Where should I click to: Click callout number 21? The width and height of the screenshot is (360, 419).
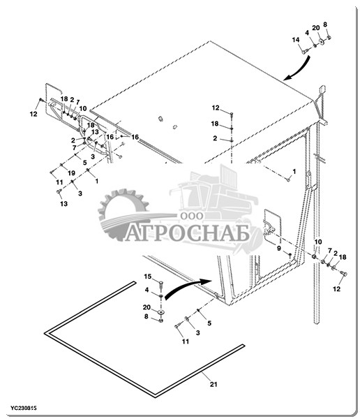[x=213, y=384]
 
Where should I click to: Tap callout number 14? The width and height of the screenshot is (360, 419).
[x=296, y=40]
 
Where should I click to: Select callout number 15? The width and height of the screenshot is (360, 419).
[x=148, y=277]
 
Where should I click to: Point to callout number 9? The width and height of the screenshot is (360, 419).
[x=279, y=248]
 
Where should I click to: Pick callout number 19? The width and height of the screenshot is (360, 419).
[x=71, y=173]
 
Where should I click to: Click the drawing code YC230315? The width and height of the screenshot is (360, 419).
[x=24, y=408]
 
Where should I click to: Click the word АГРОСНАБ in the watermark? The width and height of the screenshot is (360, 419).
[x=187, y=233]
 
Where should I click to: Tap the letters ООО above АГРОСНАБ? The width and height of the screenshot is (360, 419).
[x=191, y=216]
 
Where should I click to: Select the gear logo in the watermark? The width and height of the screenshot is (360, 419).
[x=123, y=214]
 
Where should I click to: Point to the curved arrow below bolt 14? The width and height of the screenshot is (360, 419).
[x=297, y=68]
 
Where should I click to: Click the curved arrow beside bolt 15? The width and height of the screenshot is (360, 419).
[x=188, y=288]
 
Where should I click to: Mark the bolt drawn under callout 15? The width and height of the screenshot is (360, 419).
[x=160, y=285]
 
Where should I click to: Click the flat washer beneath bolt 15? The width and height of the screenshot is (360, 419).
[x=160, y=312]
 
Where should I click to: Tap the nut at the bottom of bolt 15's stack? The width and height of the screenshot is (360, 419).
[x=160, y=320]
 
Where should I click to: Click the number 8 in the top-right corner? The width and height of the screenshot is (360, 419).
[x=325, y=24]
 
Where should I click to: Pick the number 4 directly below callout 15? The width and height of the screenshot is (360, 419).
[x=147, y=290]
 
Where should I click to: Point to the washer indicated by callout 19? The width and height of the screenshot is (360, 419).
[x=61, y=165]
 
